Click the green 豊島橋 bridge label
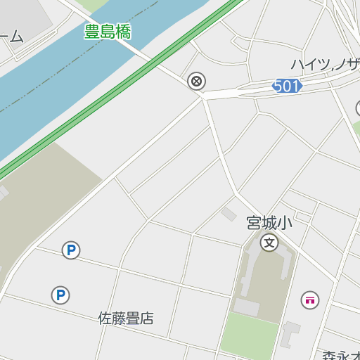[108, 32]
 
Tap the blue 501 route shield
[287, 86]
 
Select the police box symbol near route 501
[197, 81]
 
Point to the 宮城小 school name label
[269, 223]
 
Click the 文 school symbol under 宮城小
[269, 243]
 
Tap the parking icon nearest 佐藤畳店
[60, 295]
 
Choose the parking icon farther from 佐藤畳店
[70, 250]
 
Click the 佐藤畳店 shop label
[125, 319]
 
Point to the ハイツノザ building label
[326, 65]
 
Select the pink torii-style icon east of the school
[309, 300]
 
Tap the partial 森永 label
[341, 354]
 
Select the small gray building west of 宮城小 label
[229, 213]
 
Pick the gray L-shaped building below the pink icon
[290, 335]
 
